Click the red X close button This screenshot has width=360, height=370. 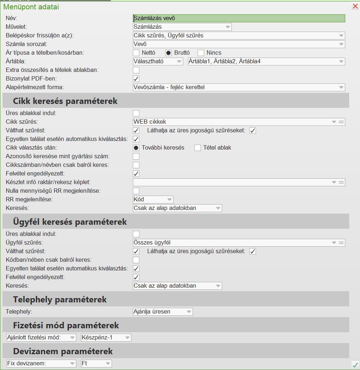[355, 6]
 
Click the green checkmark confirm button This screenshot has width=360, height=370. [355, 365]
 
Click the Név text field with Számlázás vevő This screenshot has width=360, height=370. [239, 18]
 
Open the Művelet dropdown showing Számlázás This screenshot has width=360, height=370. [182, 27]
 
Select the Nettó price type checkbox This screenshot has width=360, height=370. [136, 53]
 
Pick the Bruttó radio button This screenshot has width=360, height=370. [168, 53]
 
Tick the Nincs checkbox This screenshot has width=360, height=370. [201, 53]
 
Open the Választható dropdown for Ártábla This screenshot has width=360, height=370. [158, 61]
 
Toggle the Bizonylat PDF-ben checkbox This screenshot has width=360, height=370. [136, 79]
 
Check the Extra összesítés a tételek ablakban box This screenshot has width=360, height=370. [136, 70]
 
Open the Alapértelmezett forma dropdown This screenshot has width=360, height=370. [239, 87]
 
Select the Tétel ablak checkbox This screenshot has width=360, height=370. [198, 148]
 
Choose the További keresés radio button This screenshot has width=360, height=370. [136, 148]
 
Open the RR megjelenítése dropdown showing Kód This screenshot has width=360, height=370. [153, 200]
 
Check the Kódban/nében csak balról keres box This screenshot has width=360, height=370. [136, 260]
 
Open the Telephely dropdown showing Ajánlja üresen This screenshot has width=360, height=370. [163, 312]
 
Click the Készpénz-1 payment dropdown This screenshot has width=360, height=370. [106, 338]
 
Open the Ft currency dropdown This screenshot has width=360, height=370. [96, 364]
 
